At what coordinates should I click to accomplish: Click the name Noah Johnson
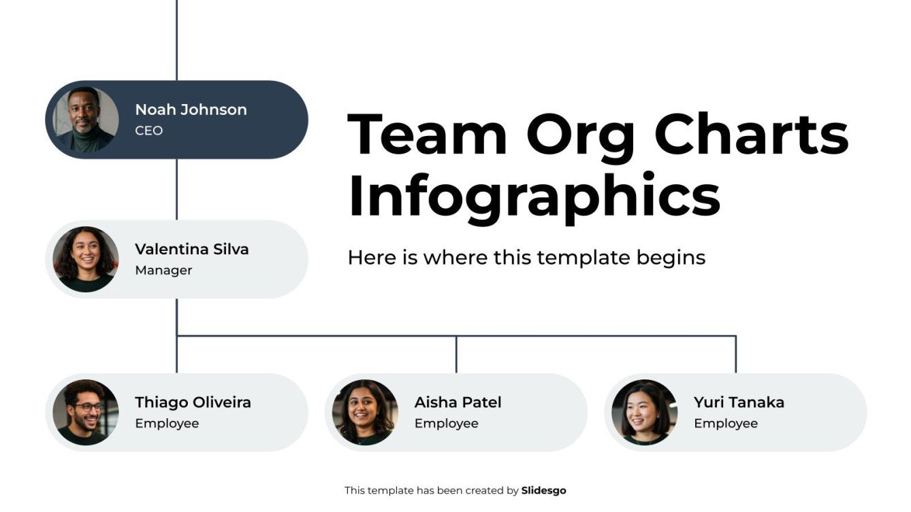pos(191,109)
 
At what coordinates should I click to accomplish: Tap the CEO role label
pos(148,131)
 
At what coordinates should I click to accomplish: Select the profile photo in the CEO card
pos(86,120)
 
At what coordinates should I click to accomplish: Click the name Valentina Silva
pos(192,250)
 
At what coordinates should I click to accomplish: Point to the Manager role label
pos(163,271)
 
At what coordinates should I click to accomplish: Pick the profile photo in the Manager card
pos(86,259)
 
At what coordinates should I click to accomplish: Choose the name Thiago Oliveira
pos(193,403)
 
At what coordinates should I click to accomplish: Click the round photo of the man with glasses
pos(86,412)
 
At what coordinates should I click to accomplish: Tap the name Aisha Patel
pos(458,403)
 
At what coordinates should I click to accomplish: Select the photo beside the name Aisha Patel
pos(365,412)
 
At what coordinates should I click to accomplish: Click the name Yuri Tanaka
pos(739,403)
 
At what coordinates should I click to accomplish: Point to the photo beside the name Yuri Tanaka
pos(644,412)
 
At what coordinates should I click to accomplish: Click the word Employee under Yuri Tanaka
pos(726,424)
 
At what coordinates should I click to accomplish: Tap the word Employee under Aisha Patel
pos(446,424)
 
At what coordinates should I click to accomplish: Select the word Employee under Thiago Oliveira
pos(167,424)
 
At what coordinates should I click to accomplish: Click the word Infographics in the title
pos(534,196)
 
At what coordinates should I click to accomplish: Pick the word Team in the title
pos(428,134)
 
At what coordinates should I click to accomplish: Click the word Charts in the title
pos(752,134)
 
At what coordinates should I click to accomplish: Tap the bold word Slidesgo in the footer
pos(543,490)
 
